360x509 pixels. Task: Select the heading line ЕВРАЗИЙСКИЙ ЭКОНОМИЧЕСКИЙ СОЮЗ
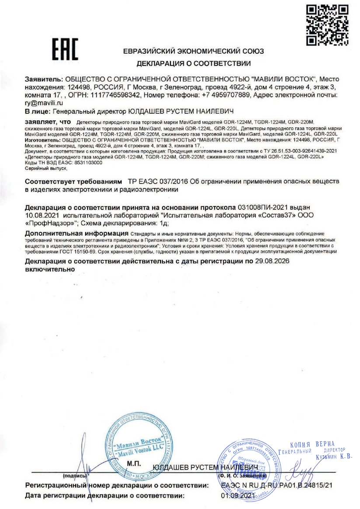(193, 51)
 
